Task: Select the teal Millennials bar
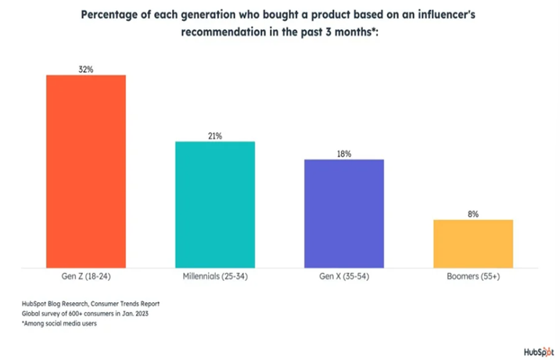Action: (x=215, y=204)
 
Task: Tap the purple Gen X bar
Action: (x=344, y=213)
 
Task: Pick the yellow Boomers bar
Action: (x=472, y=243)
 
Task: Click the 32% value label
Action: (x=86, y=69)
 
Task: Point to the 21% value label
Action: (x=215, y=135)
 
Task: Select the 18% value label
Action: (x=344, y=153)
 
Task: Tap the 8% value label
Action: (x=472, y=214)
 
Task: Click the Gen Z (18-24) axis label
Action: (x=86, y=277)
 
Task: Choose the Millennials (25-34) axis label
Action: (x=215, y=277)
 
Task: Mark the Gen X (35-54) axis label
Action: (x=344, y=277)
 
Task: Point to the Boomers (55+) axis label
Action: (x=472, y=277)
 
